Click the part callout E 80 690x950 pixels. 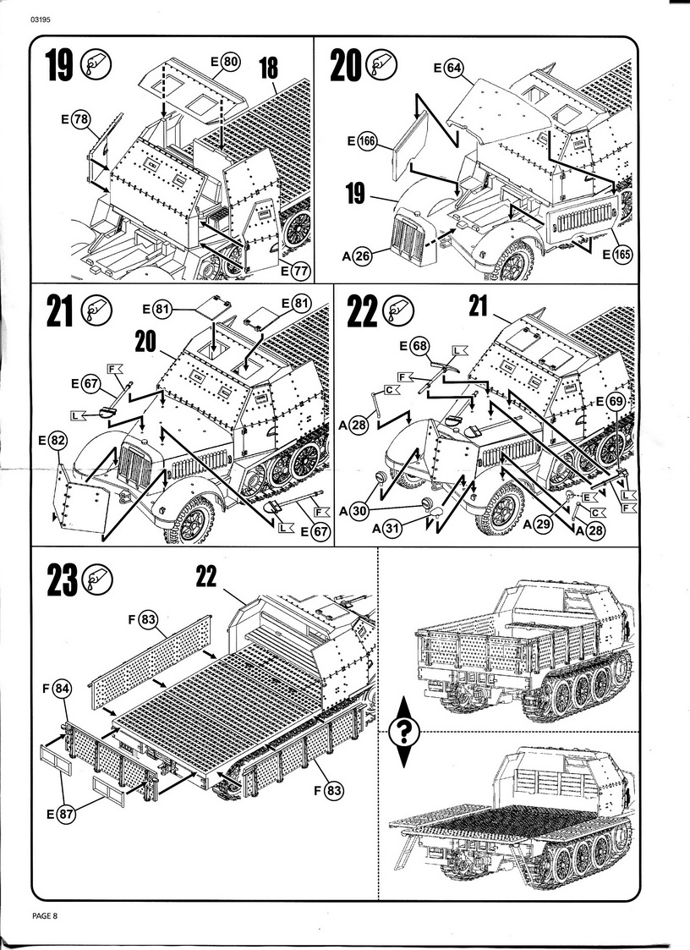point(225,62)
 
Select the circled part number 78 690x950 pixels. point(81,120)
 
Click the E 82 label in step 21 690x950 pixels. point(52,441)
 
